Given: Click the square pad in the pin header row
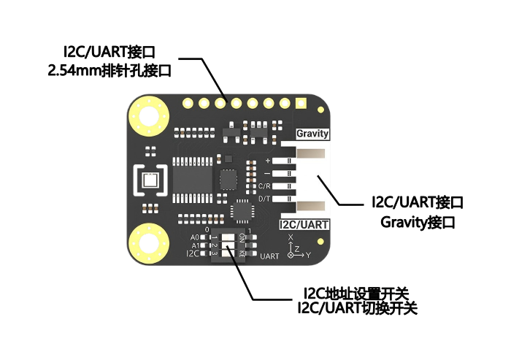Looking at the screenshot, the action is [x=301, y=104].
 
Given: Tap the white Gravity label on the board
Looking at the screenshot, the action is [x=312, y=134].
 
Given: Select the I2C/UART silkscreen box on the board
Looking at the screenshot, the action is [x=304, y=225].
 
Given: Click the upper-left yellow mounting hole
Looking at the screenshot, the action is [x=149, y=116].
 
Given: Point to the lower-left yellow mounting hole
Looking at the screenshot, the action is [x=149, y=243].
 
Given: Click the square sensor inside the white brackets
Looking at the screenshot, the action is [x=150, y=180].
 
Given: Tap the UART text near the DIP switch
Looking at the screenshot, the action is [x=269, y=256].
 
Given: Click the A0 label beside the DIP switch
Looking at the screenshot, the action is [x=195, y=237].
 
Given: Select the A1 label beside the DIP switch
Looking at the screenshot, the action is [x=195, y=245].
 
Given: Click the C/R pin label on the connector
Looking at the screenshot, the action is [x=264, y=186].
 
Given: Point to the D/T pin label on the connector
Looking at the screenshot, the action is [x=264, y=199].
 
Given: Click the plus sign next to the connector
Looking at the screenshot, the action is [x=268, y=161].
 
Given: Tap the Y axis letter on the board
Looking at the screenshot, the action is [x=308, y=255].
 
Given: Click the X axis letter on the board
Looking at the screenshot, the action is [x=291, y=238].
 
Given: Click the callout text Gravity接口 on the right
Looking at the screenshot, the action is [x=418, y=223].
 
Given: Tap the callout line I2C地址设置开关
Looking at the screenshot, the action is [x=356, y=294].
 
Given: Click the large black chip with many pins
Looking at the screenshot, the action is [x=192, y=180].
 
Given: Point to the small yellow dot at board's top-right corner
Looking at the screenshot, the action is [x=320, y=110].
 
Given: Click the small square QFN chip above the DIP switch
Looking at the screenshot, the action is [x=242, y=211].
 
